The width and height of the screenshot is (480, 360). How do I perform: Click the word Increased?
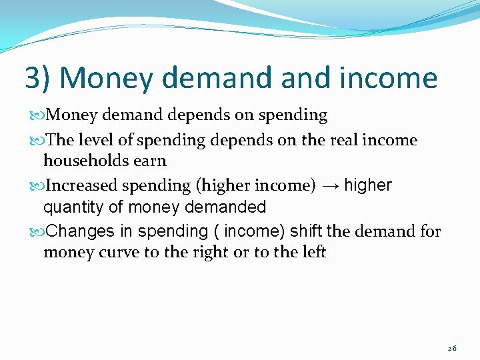tap(83, 185)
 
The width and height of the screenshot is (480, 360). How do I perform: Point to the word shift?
tap(305, 231)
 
